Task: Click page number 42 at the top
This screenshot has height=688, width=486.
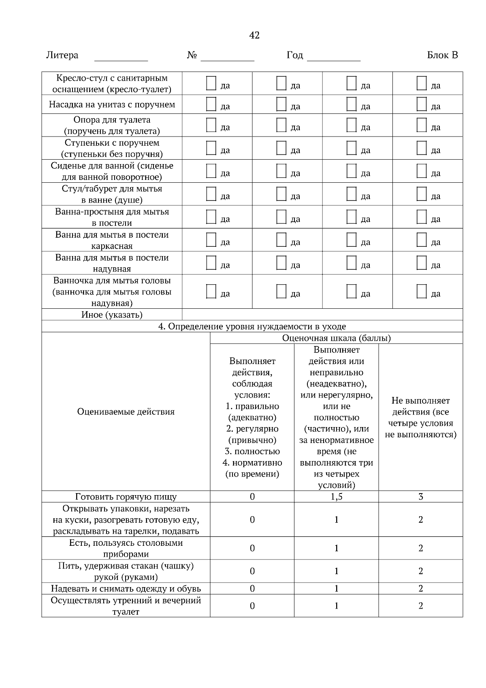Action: [x=254, y=35]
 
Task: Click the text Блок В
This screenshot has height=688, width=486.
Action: [x=442, y=55]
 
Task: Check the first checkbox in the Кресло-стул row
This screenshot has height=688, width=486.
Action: [x=211, y=83]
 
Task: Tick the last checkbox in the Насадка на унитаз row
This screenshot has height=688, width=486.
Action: [x=422, y=104]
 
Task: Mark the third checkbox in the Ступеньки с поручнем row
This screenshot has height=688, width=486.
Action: [x=352, y=147]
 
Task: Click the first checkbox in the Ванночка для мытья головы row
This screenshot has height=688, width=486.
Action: [x=211, y=291]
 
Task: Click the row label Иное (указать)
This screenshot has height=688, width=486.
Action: [x=112, y=315]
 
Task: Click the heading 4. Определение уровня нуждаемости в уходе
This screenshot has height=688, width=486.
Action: [x=252, y=326]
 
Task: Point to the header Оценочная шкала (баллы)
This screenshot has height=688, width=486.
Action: [x=336, y=338]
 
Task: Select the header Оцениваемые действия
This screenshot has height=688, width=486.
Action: [x=126, y=412]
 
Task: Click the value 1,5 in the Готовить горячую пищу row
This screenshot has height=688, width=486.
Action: [x=336, y=497]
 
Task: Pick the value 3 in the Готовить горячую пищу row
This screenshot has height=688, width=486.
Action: [x=420, y=497]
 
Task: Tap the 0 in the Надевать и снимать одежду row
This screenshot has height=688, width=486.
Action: [x=252, y=589]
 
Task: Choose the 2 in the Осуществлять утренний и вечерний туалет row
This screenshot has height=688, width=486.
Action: [x=420, y=606]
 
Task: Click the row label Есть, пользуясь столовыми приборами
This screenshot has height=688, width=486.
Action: [x=126, y=548]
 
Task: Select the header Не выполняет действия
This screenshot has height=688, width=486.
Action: [x=420, y=417]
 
